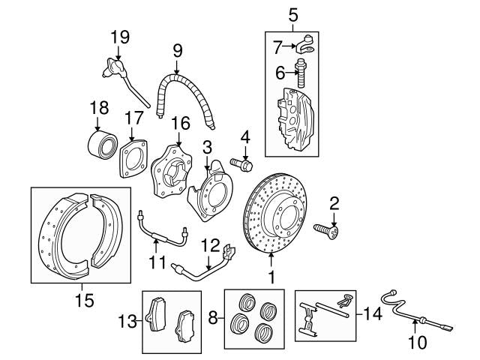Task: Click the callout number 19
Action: coord(120,37)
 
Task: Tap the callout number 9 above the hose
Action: coord(178,51)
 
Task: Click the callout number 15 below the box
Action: coord(85,301)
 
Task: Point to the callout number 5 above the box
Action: coord(293,13)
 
